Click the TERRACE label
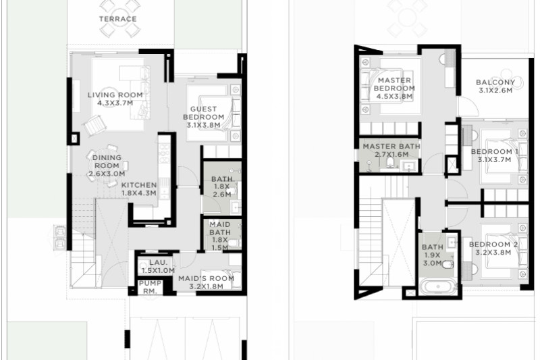117,19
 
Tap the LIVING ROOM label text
115,95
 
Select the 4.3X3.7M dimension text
115,103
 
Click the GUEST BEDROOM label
204,113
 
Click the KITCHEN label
139,185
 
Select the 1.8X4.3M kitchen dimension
139,193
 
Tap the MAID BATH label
220,228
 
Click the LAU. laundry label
158,263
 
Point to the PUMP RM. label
150,287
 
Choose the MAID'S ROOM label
206,278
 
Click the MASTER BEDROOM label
394,84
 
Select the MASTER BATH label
391,147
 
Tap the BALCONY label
495,82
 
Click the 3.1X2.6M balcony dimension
495,91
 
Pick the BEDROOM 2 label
493,245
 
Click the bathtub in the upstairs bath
438,286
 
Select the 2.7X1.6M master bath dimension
391,155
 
